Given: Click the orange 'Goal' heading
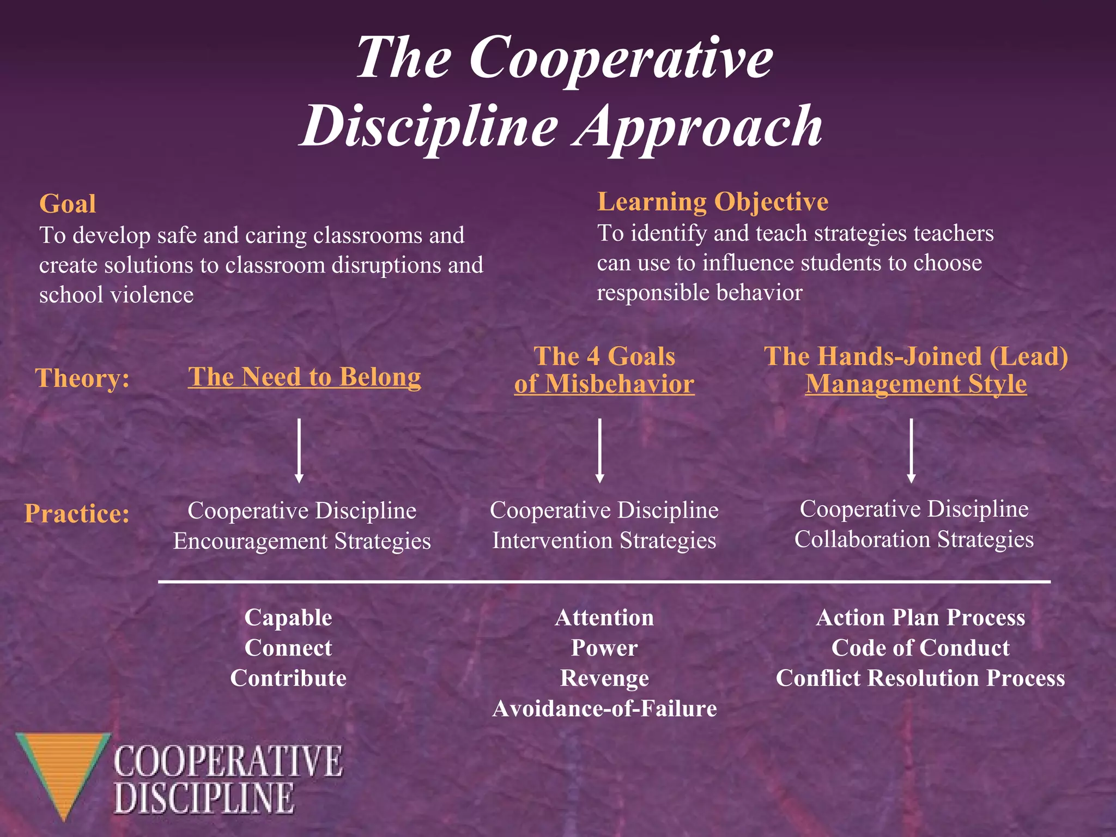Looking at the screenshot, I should point(68,204).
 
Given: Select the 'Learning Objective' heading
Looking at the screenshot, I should point(713,202).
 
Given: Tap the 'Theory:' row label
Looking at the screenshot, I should point(82,378).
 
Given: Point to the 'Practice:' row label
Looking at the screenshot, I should point(77,513).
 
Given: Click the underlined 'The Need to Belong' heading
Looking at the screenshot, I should point(304,377).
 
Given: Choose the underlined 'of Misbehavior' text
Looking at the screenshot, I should point(604,384).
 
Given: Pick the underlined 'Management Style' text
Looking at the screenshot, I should point(916,384).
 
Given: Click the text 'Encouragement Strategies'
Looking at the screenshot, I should point(302,541).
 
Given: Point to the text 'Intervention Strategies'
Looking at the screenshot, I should point(604,541).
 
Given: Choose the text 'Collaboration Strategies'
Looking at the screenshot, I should point(914,539).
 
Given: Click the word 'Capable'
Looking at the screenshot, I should point(288,617).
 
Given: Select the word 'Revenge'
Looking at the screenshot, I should point(604,678).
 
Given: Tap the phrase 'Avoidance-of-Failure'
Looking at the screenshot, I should point(604,708).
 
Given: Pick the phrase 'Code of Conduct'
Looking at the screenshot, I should point(920,648).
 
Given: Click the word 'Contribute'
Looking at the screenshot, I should point(288,678).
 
